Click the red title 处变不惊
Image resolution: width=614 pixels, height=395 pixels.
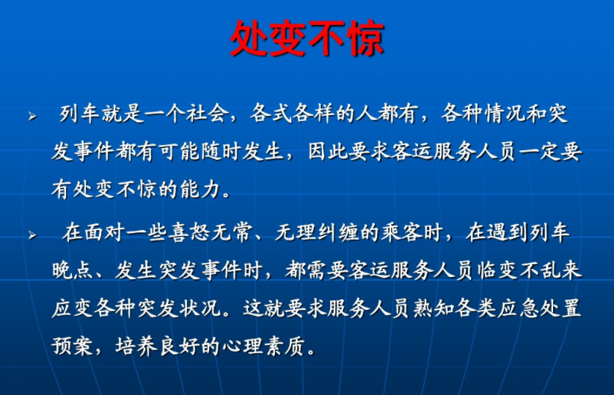click(x=307, y=38)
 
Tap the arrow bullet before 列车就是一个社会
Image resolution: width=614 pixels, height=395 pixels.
click(x=32, y=116)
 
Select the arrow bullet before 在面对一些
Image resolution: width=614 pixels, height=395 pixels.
click(x=32, y=235)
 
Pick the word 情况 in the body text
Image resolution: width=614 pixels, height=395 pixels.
click(x=505, y=114)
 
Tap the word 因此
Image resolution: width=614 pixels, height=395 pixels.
click(x=328, y=152)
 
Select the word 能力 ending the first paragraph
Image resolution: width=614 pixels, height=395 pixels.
click(x=200, y=189)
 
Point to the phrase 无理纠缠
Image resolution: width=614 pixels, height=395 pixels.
click(x=316, y=232)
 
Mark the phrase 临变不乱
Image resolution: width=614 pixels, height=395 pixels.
click(x=519, y=270)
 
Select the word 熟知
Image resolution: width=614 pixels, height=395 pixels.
click(x=434, y=309)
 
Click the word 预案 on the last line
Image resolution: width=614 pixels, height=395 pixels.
click(x=73, y=346)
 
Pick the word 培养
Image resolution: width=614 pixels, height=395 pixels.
click(x=136, y=346)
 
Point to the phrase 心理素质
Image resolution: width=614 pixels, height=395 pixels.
click(x=264, y=346)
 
